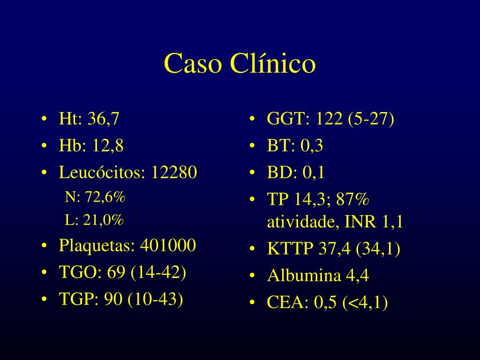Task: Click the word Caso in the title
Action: point(193,63)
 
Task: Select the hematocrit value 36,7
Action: point(103,119)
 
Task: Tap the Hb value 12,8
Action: point(107,145)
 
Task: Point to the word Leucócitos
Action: point(102,172)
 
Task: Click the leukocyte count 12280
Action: point(174,172)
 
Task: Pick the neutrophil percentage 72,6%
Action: point(105,197)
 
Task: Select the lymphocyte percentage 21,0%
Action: point(103,220)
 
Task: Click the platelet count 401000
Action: point(168,245)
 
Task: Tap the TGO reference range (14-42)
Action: point(158,272)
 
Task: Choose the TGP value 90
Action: point(113,299)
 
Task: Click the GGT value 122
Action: point(329,119)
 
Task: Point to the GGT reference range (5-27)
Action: point(371,119)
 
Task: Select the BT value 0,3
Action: point(312,145)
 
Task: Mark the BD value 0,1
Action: point(314,172)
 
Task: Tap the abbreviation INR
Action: point(360,222)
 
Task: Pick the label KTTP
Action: point(290,248)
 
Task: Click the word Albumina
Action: point(304,275)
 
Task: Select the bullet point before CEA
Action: point(252,303)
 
